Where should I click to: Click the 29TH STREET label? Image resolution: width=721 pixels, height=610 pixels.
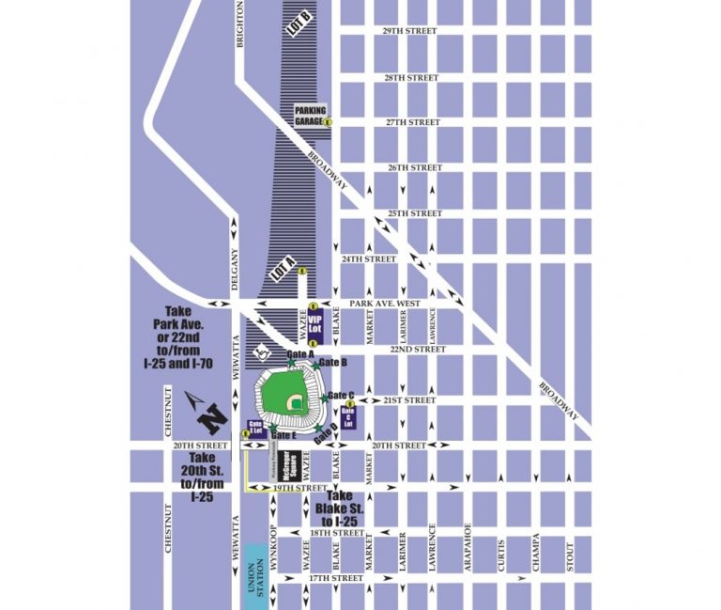410,31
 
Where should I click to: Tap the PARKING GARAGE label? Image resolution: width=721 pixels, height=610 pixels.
310,115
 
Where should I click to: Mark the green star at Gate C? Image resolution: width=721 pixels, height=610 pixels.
325,399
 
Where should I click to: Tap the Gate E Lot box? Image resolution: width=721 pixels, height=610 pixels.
253,427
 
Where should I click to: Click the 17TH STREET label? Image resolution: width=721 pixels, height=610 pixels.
336,577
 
